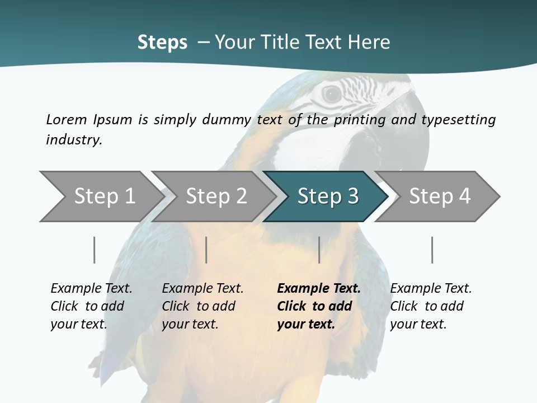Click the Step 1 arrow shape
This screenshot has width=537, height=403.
pos(101,196)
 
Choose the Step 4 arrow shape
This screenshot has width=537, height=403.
pos(439,196)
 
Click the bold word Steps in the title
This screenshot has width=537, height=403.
pos(162,43)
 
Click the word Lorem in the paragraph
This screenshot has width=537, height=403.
pos(66,119)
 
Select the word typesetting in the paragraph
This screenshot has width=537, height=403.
pos(458,119)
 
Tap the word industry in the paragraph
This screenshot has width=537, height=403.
pos(73,139)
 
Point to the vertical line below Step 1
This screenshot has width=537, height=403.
pos(94,250)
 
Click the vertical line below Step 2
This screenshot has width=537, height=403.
pos(206,250)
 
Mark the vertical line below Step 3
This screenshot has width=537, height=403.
pos(319,250)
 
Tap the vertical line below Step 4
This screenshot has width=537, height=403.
pos(432,250)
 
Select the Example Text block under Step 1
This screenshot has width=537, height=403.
pos(91,306)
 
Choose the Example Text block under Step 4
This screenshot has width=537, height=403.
pos(431,306)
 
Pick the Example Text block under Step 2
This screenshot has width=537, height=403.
pos(202,306)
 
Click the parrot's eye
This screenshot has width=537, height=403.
pos(332,94)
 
